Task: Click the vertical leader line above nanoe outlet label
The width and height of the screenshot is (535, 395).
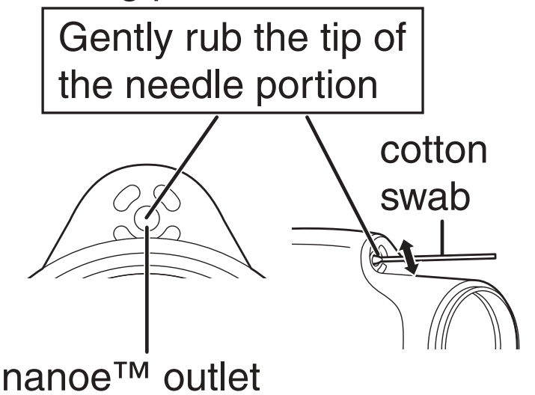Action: click(149, 299)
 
